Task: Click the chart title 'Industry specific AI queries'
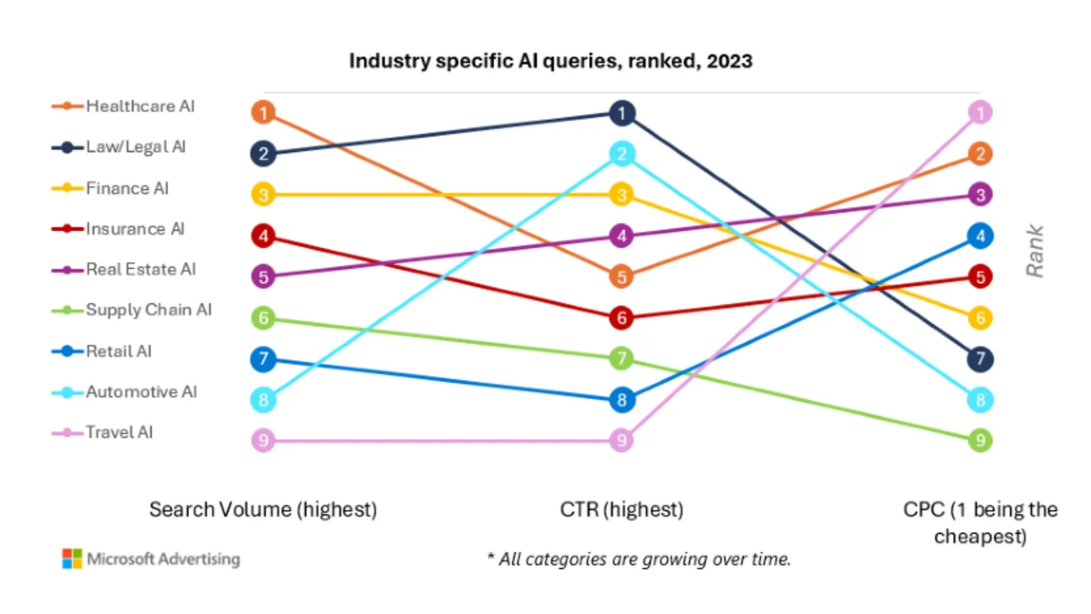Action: point(550,61)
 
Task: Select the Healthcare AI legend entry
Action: point(139,106)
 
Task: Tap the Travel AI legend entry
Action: point(119,433)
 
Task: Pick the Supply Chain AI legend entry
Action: point(148,310)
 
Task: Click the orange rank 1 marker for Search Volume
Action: point(263,113)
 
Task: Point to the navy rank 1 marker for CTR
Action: point(621,113)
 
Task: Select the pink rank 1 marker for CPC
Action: point(980,113)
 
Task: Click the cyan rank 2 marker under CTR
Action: point(621,154)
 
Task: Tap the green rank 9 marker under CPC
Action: point(980,440)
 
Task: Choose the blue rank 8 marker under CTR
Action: point(621,400)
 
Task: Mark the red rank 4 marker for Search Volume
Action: point(263,236)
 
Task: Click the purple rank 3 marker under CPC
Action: point(980,195)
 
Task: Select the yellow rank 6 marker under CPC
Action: point(980,318)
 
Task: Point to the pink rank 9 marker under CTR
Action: point(621,441)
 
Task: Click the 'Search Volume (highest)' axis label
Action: point(263,510)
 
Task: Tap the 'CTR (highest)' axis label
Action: point(621,510)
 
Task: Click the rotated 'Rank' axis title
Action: point(1034,251)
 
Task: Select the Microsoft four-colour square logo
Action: point(72,559)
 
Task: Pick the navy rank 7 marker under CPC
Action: point(980,359)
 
